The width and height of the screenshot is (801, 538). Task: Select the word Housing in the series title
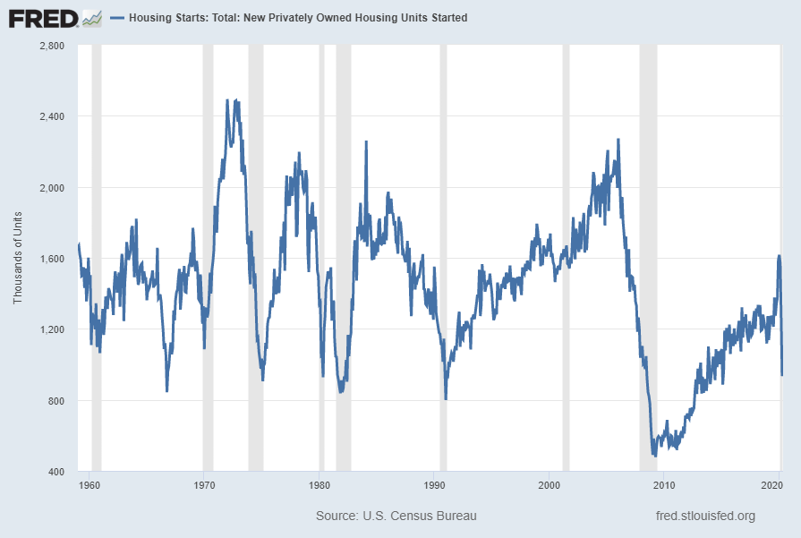coord(149,18)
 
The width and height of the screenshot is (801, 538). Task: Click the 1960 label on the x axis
coord(89,485)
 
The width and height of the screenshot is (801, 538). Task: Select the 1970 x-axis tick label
coord(203,485)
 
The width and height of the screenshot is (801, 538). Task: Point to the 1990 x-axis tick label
coord(434,485)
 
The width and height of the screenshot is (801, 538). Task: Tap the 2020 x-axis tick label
coord(772,485)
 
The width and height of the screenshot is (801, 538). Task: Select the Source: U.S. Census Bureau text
coord(396,516)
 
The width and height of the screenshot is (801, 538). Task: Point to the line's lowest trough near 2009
coord(654,456)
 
